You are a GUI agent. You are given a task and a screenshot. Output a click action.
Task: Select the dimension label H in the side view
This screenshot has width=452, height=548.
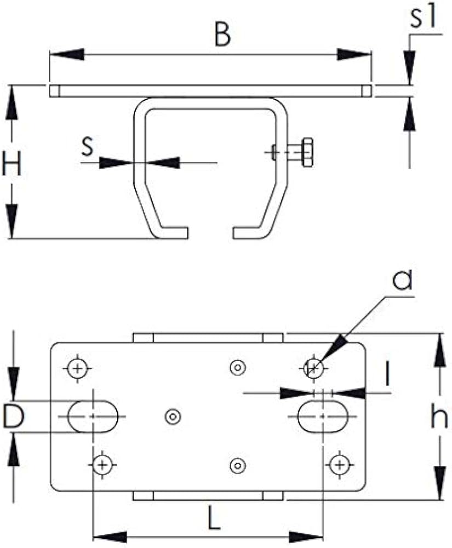tap(12, 163)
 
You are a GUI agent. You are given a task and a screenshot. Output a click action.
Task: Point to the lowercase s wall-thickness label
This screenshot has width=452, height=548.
tap(87, 146)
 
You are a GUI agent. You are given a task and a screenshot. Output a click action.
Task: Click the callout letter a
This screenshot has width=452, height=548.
tap(403, 279)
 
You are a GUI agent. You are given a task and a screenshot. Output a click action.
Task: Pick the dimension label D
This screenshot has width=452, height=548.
tap(13, 416)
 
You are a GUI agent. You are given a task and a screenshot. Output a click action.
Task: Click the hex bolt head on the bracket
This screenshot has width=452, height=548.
tap(307, 152)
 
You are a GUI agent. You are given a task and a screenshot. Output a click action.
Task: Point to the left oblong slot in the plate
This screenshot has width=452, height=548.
tap(93, 416)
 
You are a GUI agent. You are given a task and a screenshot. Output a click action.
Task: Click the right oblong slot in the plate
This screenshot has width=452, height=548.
tap(323, 416)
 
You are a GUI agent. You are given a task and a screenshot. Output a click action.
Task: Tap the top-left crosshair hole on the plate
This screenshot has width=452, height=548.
tap(77, 368)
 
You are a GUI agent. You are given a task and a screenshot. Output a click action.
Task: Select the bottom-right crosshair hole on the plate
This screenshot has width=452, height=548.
tap(340, 465)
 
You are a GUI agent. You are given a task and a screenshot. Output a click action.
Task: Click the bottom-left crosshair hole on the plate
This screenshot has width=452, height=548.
tap(102, 465)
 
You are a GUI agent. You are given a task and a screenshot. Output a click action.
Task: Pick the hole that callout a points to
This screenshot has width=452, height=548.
tap(313, 368)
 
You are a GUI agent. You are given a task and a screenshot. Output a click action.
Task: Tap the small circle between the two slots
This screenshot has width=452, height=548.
tap(173, 416)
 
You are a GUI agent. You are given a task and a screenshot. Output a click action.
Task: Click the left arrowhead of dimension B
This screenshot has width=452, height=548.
tap(67, 54)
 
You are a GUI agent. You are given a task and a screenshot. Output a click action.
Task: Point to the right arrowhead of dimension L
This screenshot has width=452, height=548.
tap(306, 537)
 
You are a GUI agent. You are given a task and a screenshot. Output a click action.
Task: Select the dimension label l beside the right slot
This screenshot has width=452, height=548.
tap(387, 374)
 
